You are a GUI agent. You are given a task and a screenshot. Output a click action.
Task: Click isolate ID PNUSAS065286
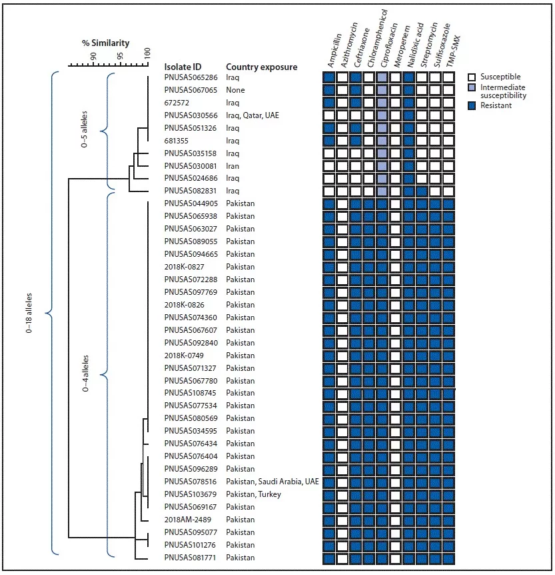point(191,77)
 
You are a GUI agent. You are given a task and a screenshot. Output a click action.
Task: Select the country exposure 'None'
point(235,90)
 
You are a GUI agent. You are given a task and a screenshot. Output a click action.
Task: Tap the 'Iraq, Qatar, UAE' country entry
point(253,115)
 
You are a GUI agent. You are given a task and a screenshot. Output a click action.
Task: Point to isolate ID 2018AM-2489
point(187,519)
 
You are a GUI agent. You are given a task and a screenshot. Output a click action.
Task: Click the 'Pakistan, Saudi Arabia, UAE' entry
point(273,481)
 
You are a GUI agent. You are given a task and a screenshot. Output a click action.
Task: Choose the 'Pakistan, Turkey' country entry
point(253,494)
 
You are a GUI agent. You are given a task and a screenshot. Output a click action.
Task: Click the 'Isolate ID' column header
point(183,67)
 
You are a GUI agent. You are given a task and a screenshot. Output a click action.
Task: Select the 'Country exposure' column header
point(262,67)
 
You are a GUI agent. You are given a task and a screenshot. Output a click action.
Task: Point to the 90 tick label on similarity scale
point(93,56)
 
